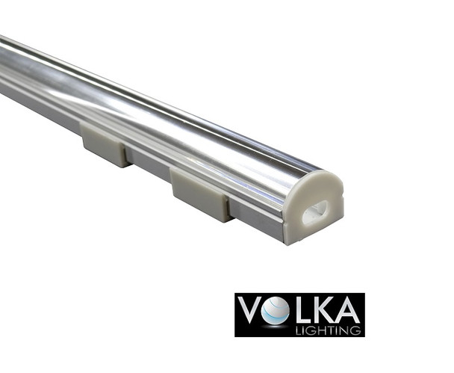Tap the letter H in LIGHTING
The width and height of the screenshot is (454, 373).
[333, 328]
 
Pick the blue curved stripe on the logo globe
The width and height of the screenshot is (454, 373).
[273, 314]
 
